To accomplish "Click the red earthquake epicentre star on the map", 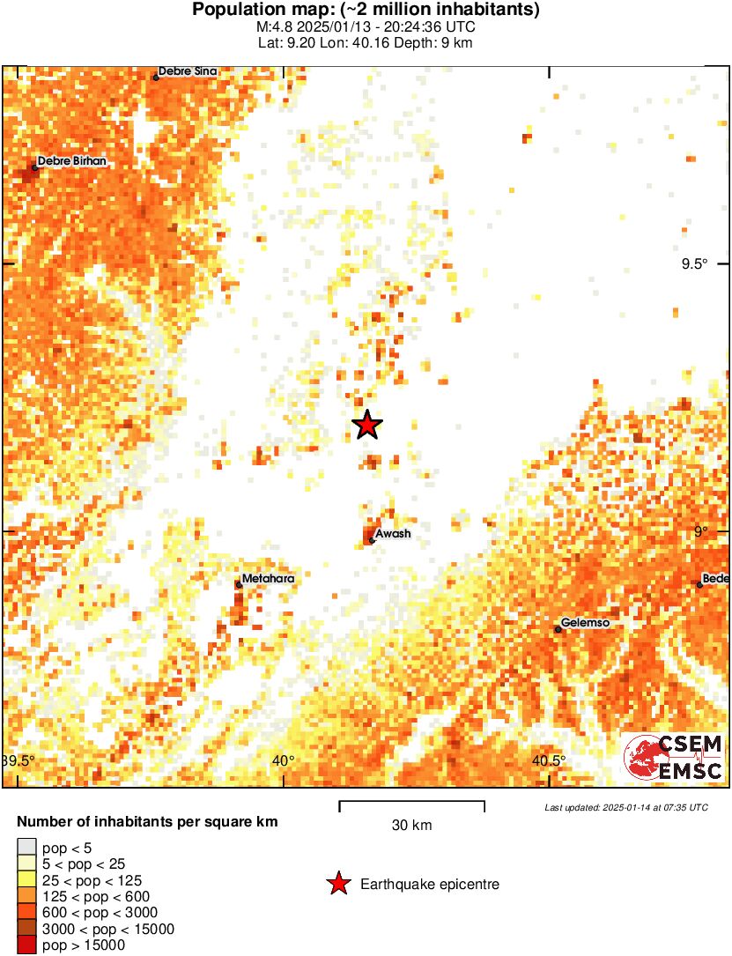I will coord(367,426).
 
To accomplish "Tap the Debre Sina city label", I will coord(187,71).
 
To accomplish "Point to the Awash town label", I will coord(393,534).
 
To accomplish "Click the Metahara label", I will coord(268,579).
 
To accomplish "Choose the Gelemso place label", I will coord(586,623).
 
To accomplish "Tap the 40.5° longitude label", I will coord(549,761).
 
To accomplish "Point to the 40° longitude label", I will coord(283,761).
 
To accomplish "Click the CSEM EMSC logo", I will coord(674,758).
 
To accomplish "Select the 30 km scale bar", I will coord(411,803).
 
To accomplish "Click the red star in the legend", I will coord(338,884).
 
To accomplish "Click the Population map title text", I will coord(366,11).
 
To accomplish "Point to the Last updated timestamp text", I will coord(625,807).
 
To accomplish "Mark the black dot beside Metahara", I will coord(239,584).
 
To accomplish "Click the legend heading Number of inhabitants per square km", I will coord(147,822).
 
